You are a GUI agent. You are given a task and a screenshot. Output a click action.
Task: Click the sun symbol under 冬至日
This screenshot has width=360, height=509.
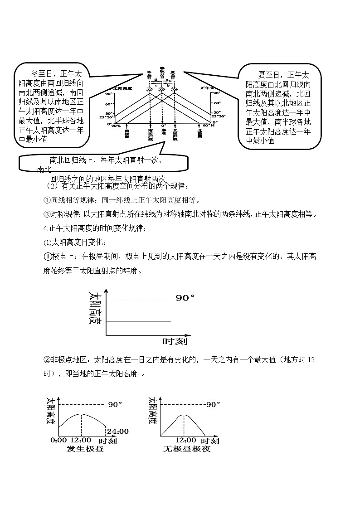[x=150, y=90]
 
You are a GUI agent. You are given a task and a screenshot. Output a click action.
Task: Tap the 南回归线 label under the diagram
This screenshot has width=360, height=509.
[x=150, y=135]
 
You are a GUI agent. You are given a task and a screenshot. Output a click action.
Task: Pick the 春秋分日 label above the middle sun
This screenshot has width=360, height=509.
[x=162, y=73]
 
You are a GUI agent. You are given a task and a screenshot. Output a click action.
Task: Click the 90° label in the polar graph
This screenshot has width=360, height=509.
[x=185, y=298]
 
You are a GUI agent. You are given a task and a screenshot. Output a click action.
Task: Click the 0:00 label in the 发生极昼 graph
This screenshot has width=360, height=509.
[x=59, y=440]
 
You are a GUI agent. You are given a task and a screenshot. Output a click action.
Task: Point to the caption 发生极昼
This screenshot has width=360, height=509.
[x=85, y=449]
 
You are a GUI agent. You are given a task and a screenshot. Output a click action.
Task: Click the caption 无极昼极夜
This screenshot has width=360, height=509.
[x=187, y=449]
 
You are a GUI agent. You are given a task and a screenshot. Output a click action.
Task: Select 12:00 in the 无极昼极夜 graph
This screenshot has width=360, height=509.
[x=186, y=440]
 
